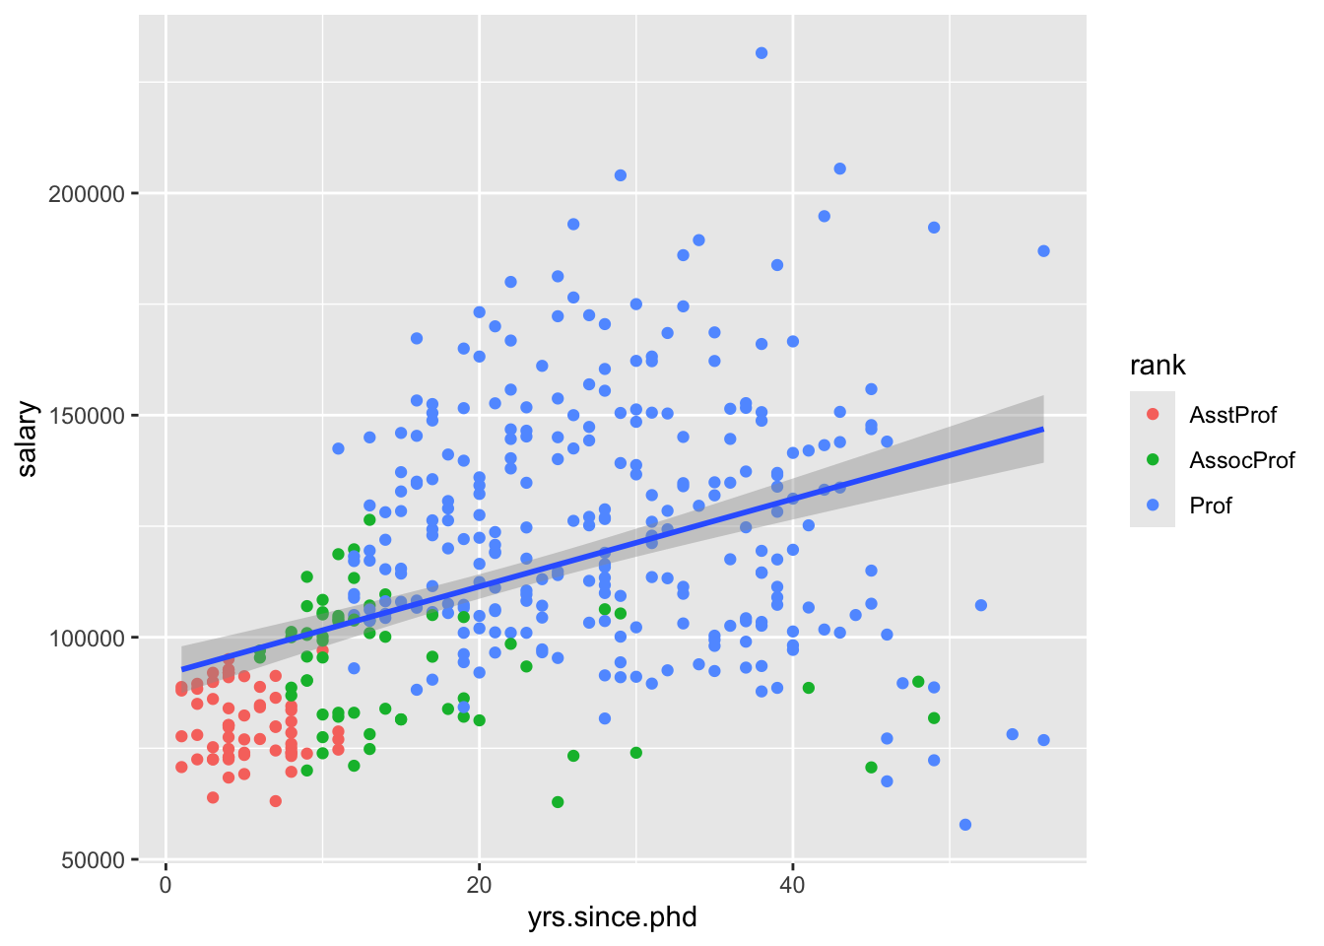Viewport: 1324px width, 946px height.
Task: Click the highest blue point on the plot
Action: point(761,53)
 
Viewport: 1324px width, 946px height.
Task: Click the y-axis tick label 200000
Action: point(87,194)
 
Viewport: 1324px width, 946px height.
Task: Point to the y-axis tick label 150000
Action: point(87,416)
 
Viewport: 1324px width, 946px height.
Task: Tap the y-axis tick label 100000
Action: point(87,639)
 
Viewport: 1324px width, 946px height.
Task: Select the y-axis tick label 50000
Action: point(92,860)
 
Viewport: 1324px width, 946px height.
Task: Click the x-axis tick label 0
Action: point(165,885)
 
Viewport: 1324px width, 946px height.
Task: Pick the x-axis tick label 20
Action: point(479,885)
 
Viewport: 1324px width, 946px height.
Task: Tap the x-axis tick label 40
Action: point(792,885)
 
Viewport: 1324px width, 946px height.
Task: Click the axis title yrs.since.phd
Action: point(612,918)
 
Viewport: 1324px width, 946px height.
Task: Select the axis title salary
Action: point(27,439)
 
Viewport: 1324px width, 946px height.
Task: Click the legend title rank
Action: point(1158,366)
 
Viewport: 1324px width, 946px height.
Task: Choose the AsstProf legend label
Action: point(1232,415)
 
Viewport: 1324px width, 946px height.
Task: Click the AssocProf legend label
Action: point(1241,460)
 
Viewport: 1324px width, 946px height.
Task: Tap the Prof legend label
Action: point(1211,506)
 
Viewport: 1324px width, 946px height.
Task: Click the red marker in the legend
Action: point(1153,415)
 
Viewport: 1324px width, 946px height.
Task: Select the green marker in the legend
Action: point(1153,460)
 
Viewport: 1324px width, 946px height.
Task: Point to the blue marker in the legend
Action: point(1153,506)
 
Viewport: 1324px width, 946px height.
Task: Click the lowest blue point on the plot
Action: point(965,825)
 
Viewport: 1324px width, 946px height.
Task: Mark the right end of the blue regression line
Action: point(1043,430)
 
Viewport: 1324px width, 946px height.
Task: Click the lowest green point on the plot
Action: point(558,802)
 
